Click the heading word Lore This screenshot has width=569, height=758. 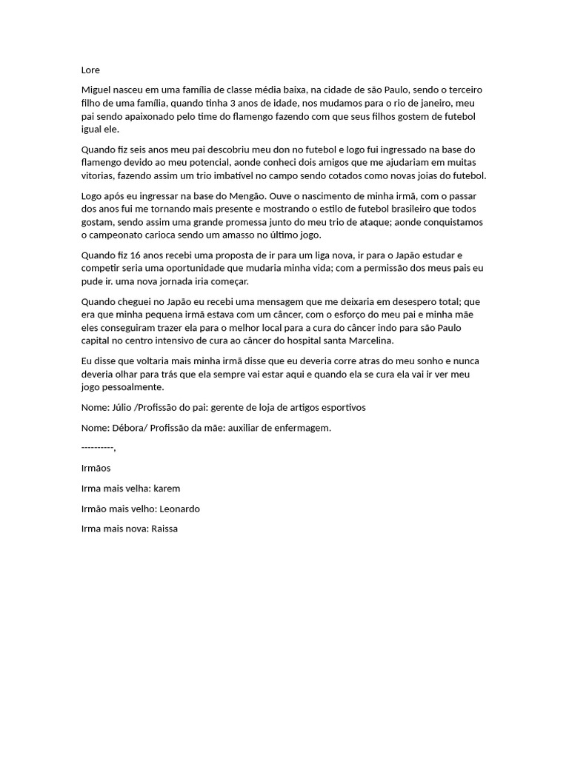pyautogui.click(x=90, y=70)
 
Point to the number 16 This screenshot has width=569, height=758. pyautogui.click(x=133, y=255)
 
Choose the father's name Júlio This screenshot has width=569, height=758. pyautogui.click(x=122, y=407)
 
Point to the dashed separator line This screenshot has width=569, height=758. pyautogui.click(x=99, y=448)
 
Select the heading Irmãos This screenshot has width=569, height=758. pyautogui.click(x=96, y=469)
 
